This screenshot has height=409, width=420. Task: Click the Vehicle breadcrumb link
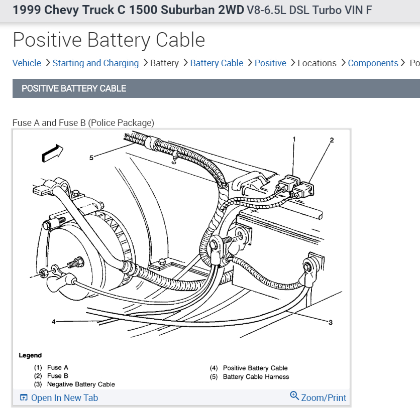(27, 63)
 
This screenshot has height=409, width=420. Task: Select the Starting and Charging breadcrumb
(95, 63)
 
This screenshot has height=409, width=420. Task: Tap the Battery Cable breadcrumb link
(217, 63)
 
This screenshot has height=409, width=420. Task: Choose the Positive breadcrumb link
(270, 63)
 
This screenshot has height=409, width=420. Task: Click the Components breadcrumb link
(373, 63)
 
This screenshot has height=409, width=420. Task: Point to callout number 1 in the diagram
(294, 139)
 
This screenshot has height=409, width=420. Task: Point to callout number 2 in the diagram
(332, 140)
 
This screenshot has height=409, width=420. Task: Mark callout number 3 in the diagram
(331, 322)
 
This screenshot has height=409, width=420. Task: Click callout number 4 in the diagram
(53, 322)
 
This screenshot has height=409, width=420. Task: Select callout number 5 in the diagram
(91, 158)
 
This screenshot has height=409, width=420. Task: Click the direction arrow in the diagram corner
(52, 152)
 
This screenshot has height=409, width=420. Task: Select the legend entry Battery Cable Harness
(256, 376)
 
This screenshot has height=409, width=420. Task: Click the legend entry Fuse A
(57, 368)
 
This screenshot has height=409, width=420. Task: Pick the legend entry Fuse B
(57, 376)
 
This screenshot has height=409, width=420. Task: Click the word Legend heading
(30, 355)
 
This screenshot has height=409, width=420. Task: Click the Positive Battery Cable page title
(109, 40)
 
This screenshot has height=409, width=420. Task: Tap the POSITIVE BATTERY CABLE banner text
(74, 88)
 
